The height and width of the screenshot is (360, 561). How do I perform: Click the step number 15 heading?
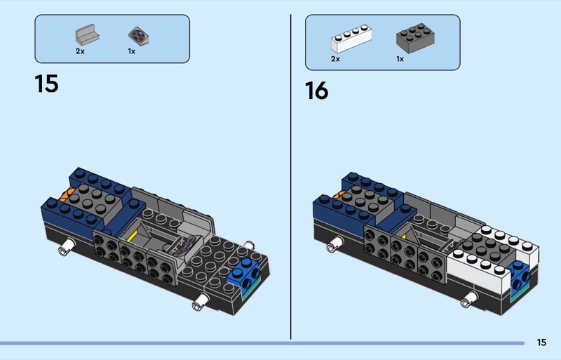coord(46,84)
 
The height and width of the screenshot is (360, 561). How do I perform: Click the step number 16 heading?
coord(317,91)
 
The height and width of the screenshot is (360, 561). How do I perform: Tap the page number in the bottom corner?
coord(541,342)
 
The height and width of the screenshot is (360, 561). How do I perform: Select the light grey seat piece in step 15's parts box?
coord(87,35)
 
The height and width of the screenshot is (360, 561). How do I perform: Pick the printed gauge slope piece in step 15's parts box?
coord(138,36)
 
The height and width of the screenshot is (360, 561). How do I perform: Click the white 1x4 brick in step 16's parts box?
coord(351,39)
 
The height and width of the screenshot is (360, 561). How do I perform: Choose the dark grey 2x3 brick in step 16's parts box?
coord(415,39)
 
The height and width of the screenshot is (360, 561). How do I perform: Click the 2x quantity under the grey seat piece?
coord(80,51)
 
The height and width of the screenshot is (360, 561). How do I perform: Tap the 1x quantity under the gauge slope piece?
coord(132,51)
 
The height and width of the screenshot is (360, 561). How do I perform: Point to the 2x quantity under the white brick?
coord(335,59)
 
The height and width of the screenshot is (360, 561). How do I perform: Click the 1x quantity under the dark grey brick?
coord(400,59)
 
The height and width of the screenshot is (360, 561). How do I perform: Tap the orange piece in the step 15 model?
coord(65,195)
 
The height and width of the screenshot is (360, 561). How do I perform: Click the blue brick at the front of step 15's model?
coord(244,273)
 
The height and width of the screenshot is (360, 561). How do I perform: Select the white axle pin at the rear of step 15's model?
coord(67,247)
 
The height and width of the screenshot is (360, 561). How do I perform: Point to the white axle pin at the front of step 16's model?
coord(470,299)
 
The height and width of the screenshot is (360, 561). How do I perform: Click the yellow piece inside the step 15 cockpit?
coord(133,236)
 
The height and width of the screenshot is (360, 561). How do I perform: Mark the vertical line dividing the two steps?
coord(290,177)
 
